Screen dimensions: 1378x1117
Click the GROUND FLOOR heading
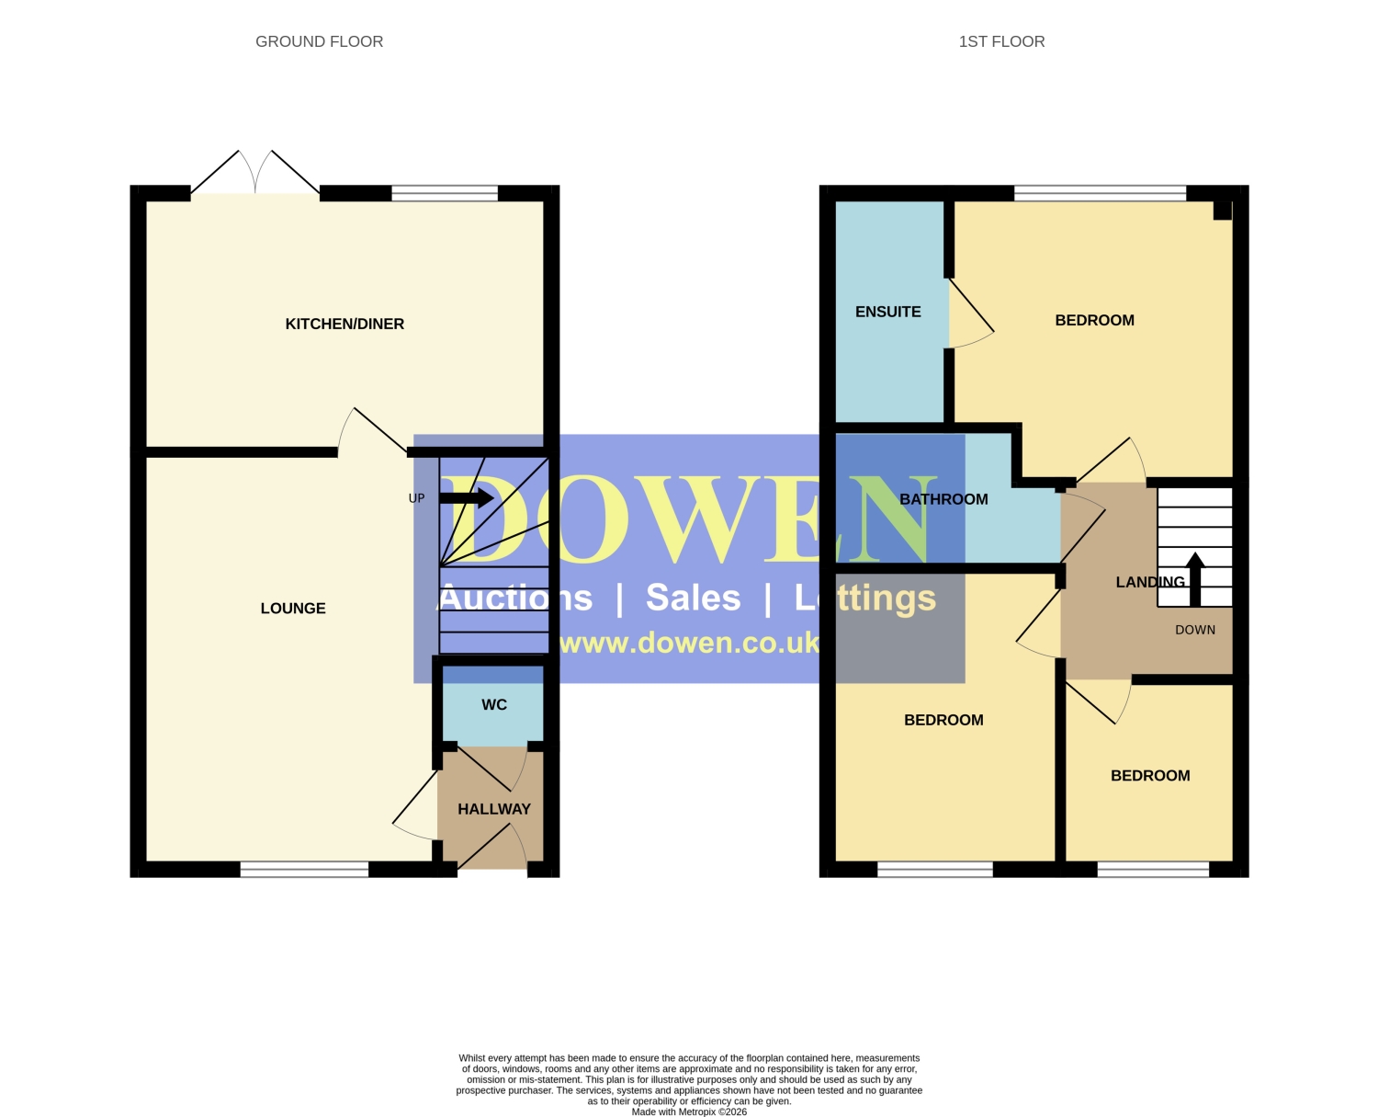(x=319, y=41)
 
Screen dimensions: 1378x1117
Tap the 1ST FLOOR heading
(x=1000, y=41)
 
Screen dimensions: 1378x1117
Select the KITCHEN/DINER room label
(x=344, y=324)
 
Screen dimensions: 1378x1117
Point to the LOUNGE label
(x=292, y=608)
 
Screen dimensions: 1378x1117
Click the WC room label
(x=493, y=704)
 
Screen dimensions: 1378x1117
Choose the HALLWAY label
(x=493, y=809)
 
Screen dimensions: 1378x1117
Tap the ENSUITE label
(x=887, y=312)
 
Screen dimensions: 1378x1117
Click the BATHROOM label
(x=943, y=499)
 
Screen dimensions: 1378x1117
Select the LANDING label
(x=1149, y=582)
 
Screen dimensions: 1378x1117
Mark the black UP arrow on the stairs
(x=467, y=498)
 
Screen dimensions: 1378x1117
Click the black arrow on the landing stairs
(x=1195, y=579)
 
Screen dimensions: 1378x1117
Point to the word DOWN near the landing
(x=1195, y=630)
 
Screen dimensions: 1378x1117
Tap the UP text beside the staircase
(x=417, y=498)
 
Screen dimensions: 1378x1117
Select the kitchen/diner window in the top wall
(x=445, y=193)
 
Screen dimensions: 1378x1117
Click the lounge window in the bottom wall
(x=304, y=869)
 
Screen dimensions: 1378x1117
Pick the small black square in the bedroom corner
(x=1222, y=211)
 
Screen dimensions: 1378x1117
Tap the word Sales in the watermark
(x=693, y=597)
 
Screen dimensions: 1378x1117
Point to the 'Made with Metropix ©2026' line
(x=689, y=1111)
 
